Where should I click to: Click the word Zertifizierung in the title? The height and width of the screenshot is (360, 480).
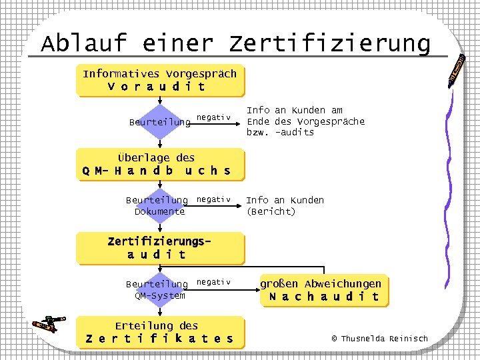[x=330, y=44]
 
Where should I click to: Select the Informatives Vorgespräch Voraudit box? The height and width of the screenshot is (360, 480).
[x=160, y=80]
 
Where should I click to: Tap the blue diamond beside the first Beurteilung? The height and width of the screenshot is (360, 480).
[x=160, y=122]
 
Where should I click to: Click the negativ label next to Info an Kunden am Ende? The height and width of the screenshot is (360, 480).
[x=213, y=118]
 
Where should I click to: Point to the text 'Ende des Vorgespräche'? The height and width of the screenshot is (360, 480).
[x=305, y=121]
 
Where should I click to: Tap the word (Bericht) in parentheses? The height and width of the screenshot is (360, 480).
[x=271, y=211]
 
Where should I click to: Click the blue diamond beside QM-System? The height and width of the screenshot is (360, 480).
[x=160, y=289]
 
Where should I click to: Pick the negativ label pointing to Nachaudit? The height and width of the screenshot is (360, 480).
[x=213, y=283]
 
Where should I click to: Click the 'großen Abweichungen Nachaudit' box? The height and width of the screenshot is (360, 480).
[x=321, y=291]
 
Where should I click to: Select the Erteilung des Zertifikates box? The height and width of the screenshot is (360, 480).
[x=160, y=332]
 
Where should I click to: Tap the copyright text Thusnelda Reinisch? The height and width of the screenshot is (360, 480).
[x=379, y=339]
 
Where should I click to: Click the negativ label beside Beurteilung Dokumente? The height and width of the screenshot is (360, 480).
[x=213, y=199]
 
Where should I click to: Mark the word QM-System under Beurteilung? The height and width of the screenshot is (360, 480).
[x=159, y=295]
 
